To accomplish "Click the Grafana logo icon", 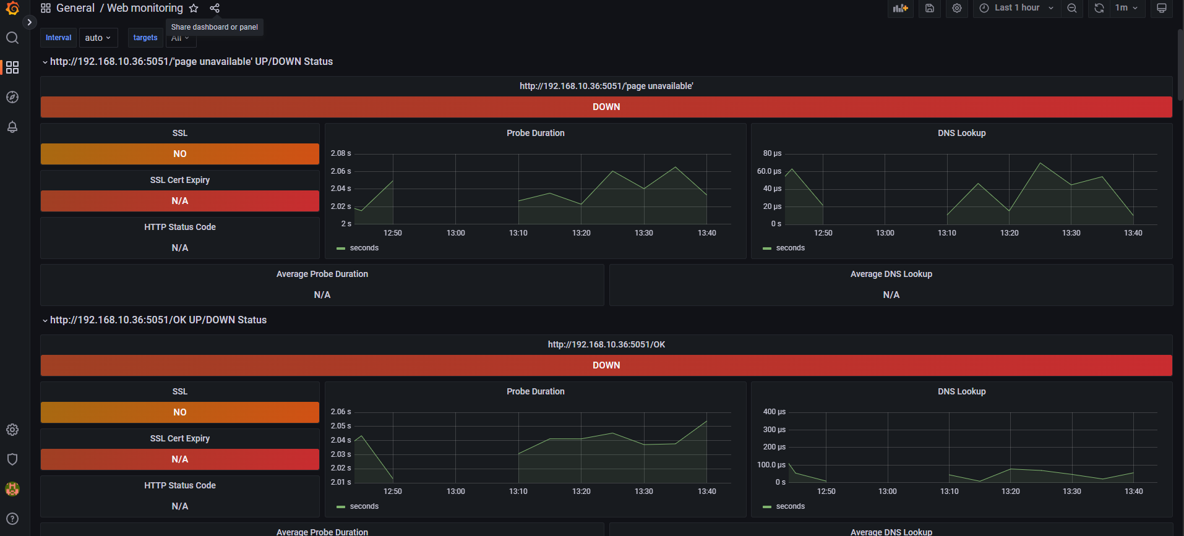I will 12,8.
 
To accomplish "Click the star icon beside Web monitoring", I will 194,8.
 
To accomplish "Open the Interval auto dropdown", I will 98,38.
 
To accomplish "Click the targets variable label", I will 145,38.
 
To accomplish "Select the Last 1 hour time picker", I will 1017,8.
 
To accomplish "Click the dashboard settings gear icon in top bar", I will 957,8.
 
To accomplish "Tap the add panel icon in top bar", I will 900,8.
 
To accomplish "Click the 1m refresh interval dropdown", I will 1126,8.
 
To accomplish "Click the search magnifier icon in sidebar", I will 12,38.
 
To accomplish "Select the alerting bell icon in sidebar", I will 12,127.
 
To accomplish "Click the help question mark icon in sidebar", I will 12,519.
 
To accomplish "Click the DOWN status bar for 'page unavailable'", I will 606,107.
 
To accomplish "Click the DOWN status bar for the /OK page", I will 606,365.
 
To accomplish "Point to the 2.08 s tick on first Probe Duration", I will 341,153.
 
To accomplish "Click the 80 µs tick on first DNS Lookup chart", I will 772,153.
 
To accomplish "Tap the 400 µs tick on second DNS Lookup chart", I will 774,412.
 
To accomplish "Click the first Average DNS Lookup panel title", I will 891,274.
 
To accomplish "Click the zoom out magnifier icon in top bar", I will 1072,8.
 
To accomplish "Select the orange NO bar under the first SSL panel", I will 180,154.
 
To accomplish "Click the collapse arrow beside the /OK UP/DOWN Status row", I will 45,320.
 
